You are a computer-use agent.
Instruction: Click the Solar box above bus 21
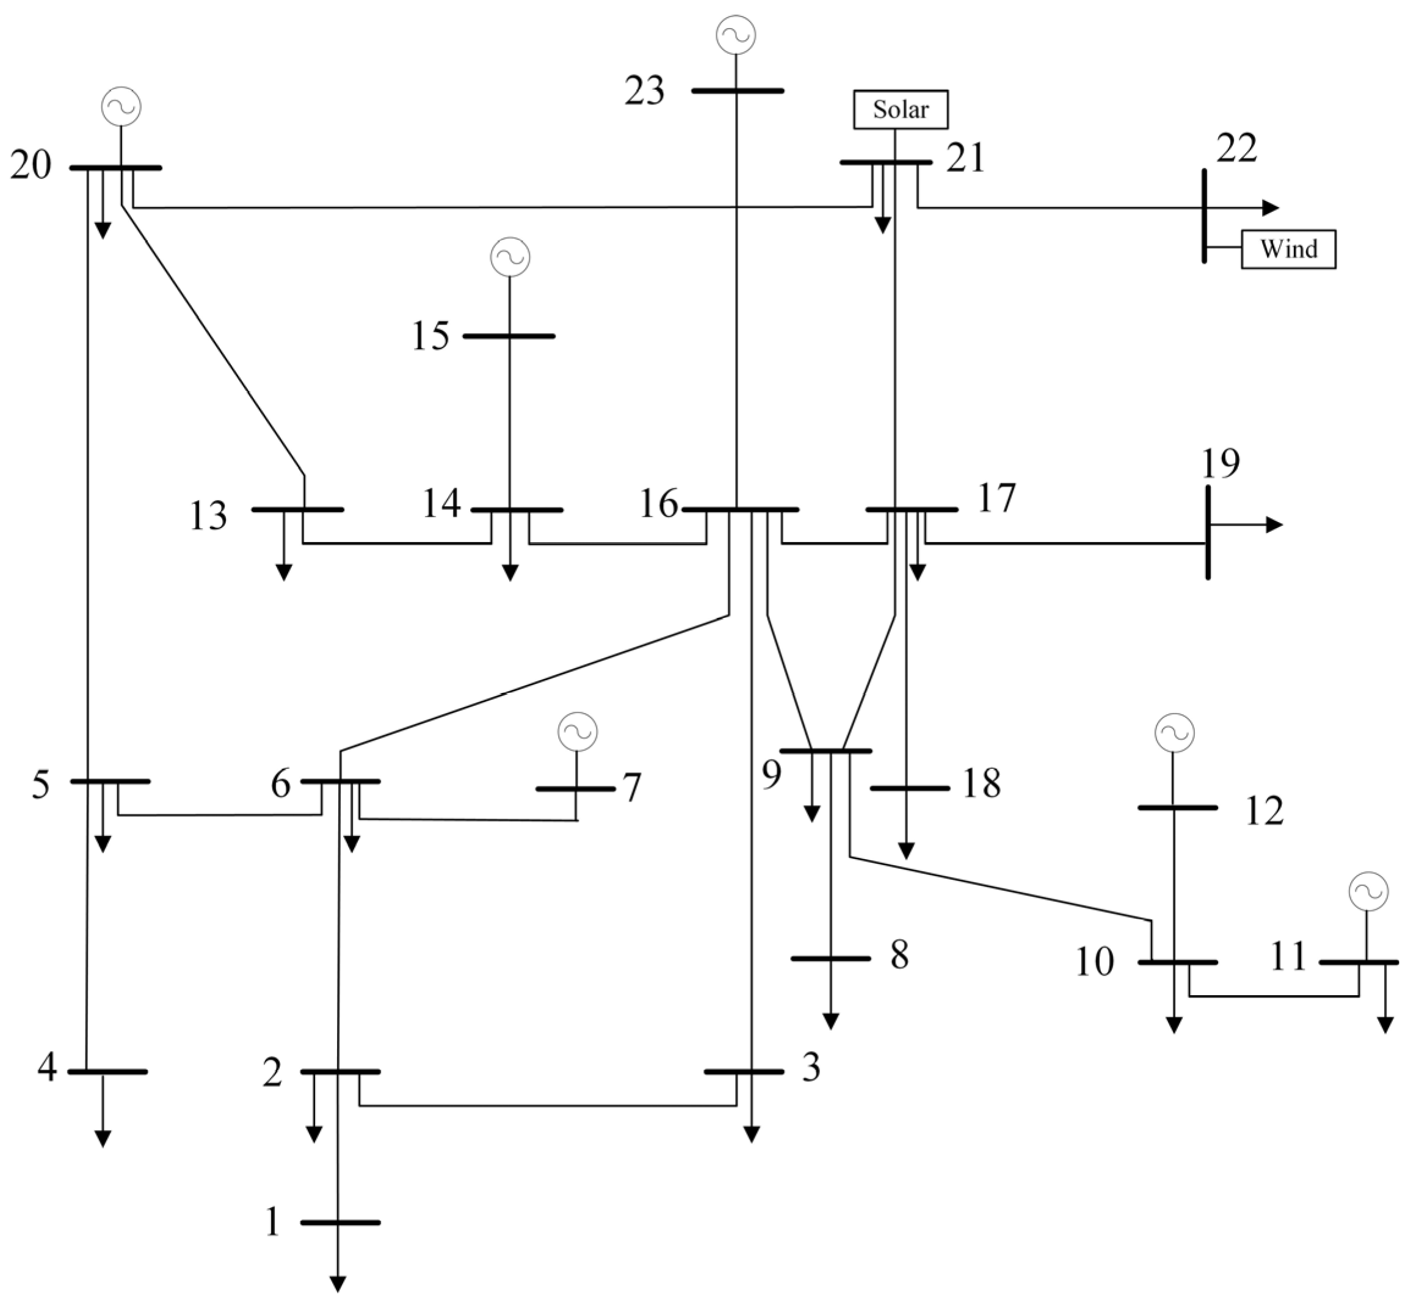900,109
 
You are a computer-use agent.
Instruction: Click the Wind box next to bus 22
1288,249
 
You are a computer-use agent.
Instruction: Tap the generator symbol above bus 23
735,35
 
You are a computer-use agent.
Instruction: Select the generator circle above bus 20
121,106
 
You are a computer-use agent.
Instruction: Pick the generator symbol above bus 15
510,256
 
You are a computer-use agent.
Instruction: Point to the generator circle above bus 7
577,731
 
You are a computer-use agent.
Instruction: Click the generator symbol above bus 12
1174,733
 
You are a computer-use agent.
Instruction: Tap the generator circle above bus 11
1368,891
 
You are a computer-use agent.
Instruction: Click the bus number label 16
658,504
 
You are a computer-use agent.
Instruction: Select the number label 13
208,516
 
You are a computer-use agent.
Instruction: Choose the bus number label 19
1221,463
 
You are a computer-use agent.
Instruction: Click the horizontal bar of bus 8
830,959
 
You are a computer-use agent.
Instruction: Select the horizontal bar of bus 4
107,1072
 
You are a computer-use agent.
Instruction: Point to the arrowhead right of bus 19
1274,524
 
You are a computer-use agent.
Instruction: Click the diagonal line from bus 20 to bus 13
212,339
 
